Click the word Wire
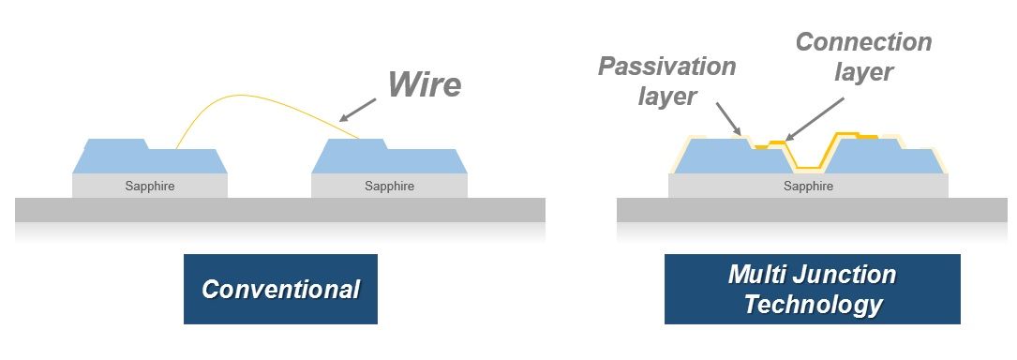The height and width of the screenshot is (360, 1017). (x=425, y=84)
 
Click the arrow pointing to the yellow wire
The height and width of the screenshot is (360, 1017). (x=357, y=110)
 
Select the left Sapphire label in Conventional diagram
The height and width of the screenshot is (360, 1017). (x=150, y=187)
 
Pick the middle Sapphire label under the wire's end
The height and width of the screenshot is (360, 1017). (x=389, y=187)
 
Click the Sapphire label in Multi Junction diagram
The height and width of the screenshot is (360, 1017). (x=808, y=187)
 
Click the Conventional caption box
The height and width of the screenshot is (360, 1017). (x=280, y=290)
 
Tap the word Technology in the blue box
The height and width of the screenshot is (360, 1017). (x=813, y=304)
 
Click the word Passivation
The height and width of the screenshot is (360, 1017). (x=666, y=67)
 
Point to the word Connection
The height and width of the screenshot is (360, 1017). (x=863, y=42)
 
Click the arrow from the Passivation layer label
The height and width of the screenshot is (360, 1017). (x=728, y=119)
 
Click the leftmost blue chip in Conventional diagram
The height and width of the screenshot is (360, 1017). (x=150, y=159)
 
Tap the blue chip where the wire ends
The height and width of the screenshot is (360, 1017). (x=389, y=159)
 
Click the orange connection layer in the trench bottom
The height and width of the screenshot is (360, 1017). (x=809, y=168)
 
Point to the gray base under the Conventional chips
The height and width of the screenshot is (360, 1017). (x=279, y=209)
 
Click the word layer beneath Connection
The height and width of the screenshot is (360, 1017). (x=863, y=72)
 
